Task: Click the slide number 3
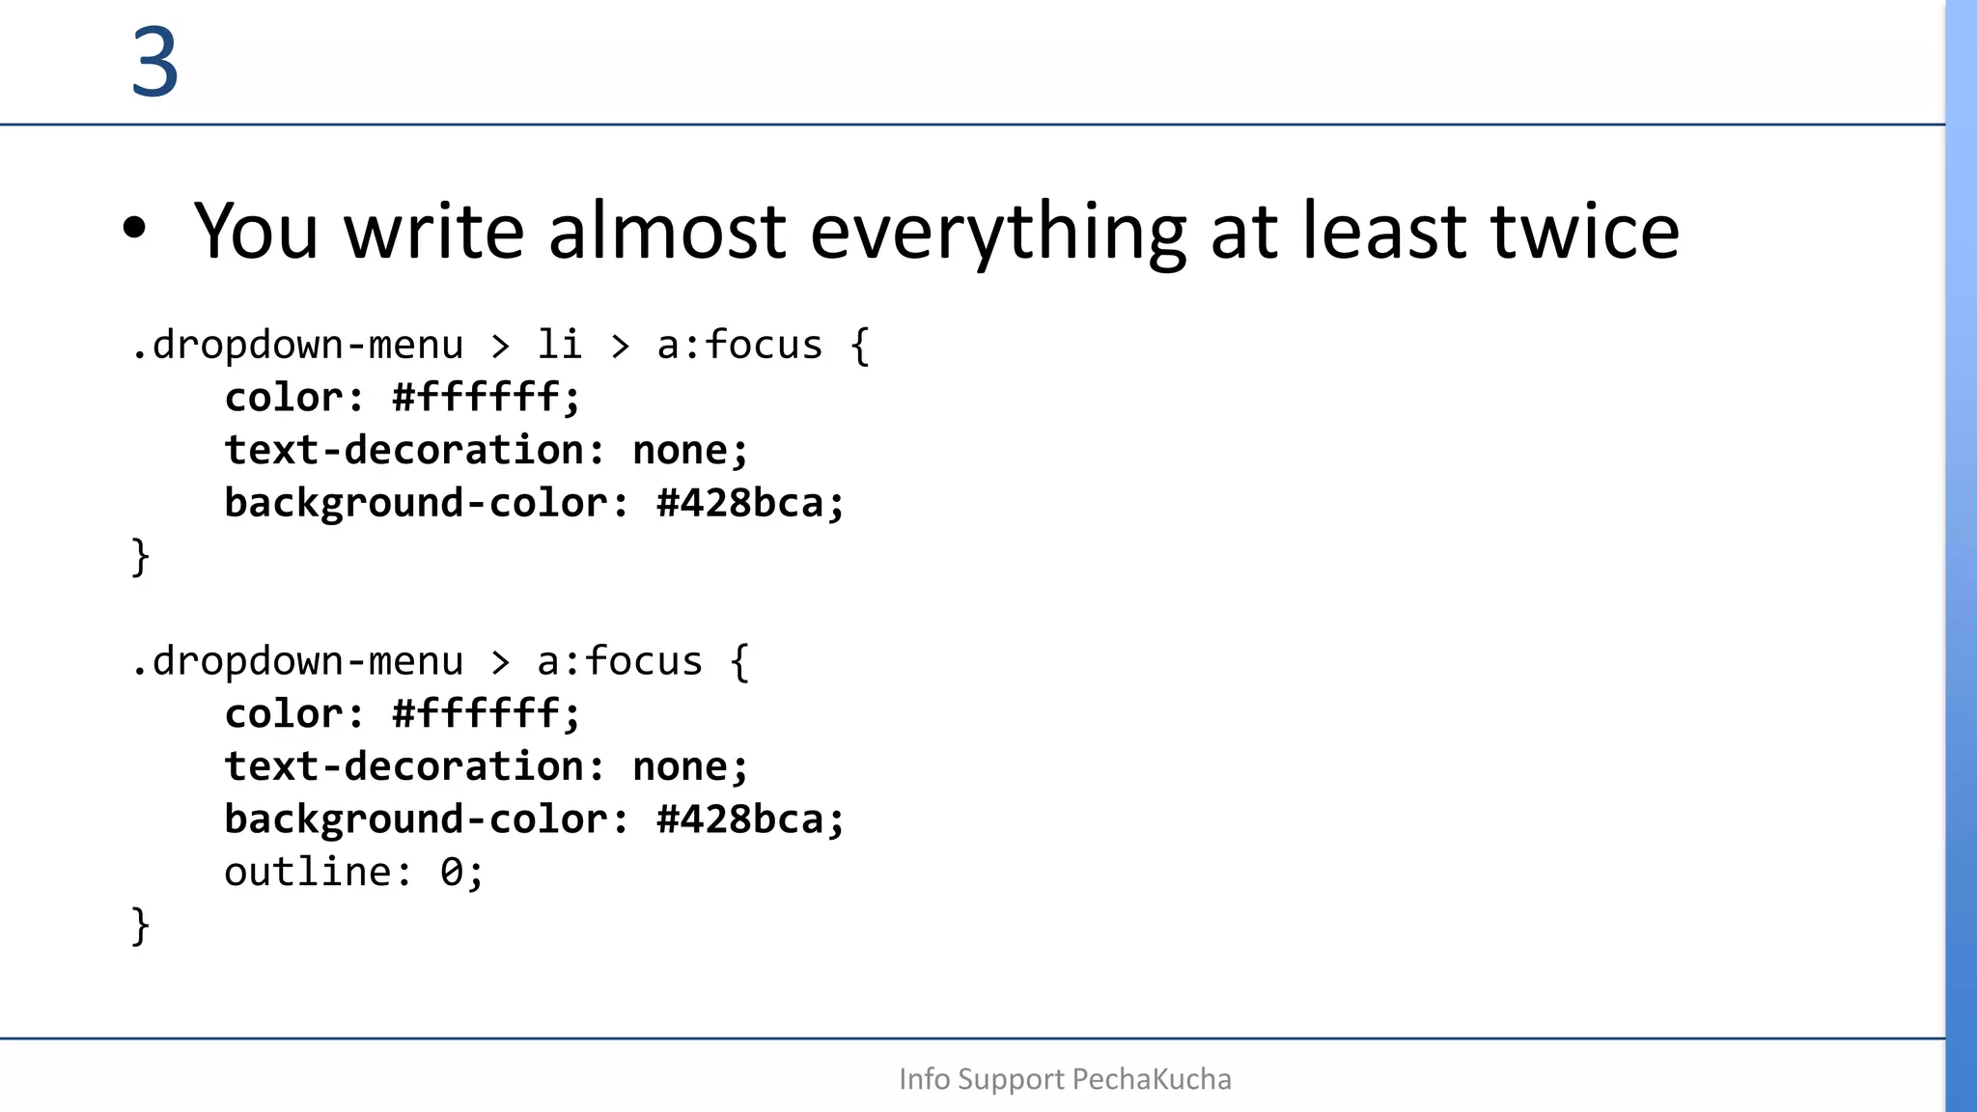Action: [x=155, y=63]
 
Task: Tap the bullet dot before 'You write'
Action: [x=135, y=229]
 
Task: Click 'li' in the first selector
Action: [x=560, y=345]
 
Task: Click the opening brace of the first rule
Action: [x=860, y=346]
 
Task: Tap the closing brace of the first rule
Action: [x=141, y=557]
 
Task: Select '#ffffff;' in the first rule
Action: [x=487, y=398]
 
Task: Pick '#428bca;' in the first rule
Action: [x=750, y=503]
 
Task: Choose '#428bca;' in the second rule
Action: [x=750, y=820]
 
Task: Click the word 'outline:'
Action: [x=319, y=873]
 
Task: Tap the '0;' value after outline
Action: [x=461, y=873]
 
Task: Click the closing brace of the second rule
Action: [x=141, y=926]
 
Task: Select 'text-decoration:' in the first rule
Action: [x=414, y=451]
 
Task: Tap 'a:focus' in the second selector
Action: [x=620, y=662]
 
